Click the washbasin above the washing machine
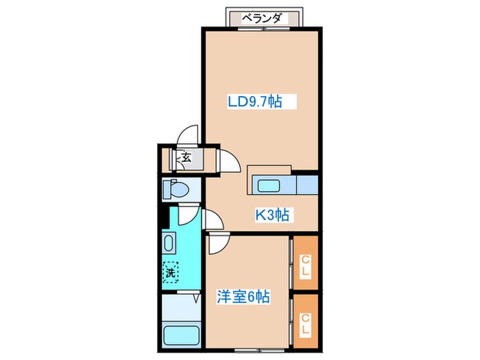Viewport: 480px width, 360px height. pos(169,243)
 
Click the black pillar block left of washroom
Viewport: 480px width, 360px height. pos(163,215)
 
